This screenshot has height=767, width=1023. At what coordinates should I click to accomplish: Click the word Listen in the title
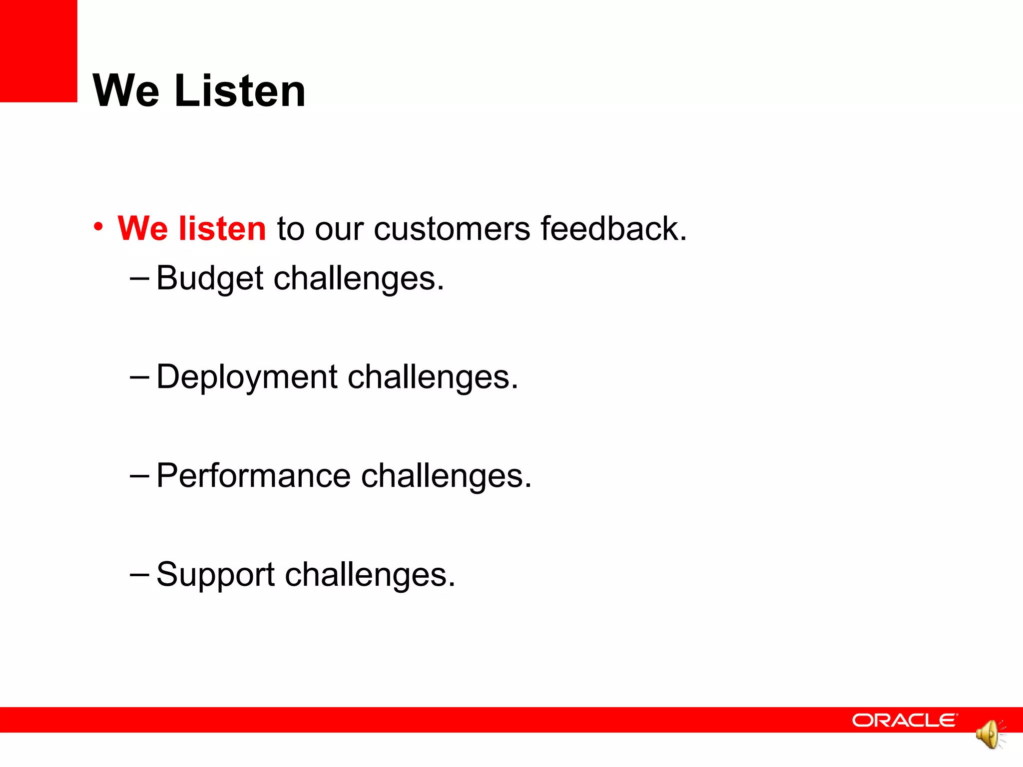(240, 91)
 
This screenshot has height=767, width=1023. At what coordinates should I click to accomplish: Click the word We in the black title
(126, 91)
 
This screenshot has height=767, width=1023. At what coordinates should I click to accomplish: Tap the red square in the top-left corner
(38, 51)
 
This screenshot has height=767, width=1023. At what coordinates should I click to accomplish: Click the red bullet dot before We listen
(98, 227)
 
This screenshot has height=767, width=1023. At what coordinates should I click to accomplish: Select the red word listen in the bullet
(222, 229)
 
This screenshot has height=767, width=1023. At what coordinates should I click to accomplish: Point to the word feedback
(613, 229)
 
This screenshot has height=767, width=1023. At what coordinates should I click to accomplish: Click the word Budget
(209, 278)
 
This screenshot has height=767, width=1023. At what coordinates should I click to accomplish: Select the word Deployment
(247, 378)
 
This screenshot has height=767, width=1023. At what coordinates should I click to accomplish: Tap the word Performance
(253, 475)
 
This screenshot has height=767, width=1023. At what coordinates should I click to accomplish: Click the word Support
(215, 575)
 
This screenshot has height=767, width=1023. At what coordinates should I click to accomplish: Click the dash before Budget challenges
(139, 278)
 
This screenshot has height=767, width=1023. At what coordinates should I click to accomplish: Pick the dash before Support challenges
(139, 574)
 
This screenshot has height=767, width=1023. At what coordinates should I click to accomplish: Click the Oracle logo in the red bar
(905, 720)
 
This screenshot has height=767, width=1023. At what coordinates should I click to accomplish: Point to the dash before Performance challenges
(139, 475)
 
